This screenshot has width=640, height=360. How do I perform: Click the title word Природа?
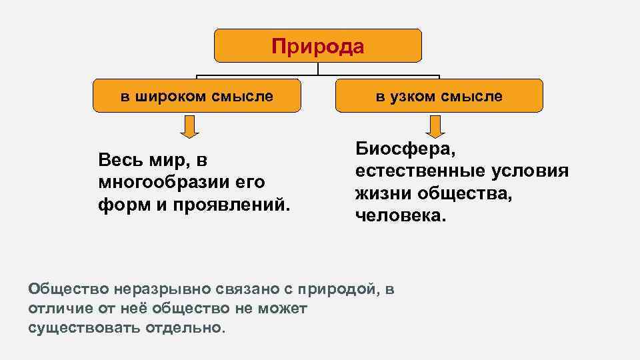point(318,47)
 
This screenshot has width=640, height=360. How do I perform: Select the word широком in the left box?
point(169,96)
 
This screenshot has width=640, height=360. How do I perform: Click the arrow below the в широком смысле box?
point(190,126)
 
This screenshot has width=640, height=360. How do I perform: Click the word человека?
point(399,215)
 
